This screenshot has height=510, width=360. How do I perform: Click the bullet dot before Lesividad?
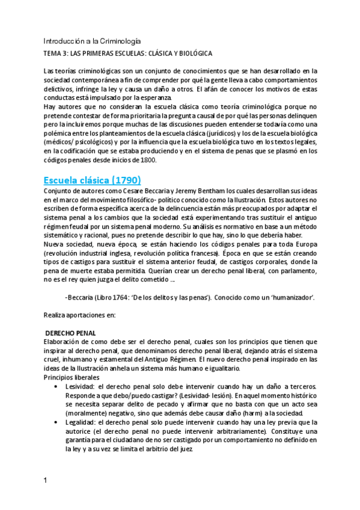click(56, 386)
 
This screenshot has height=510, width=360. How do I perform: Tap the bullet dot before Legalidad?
click(56, 423)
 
